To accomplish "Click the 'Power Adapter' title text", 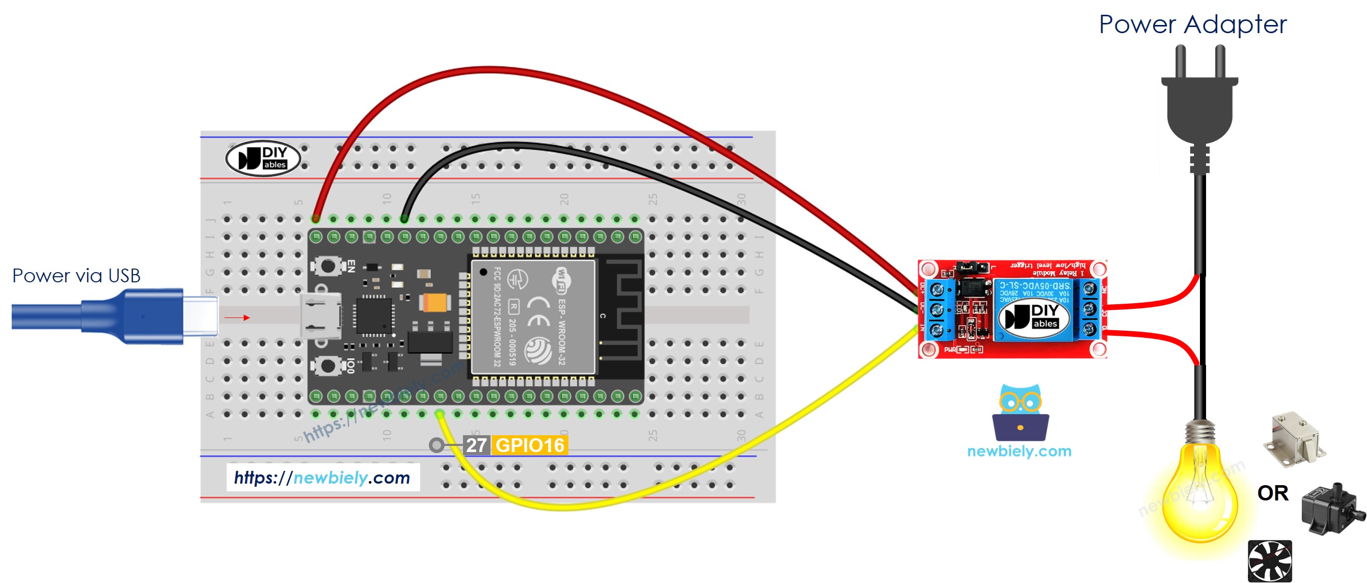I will pyautogui.click(x=1192, y=24).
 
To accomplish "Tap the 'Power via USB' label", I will pyautogui.click(x=76, y=276).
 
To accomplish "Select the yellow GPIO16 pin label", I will pyautogui.click(x=530, y=445).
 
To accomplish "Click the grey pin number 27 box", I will pyautogui.click(x=476, y=445).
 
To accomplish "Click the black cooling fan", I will pyautogui.click(x=1269, y=561).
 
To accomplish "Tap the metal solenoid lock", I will pyautogui.click(x=1295, y=439).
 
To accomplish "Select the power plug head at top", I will pyautogui.click(x=1199, y=101).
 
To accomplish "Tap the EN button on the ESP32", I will pyautogui.click(x=327, y=266).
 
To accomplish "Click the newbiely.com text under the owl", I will pyautogui.click(x=1019, y=452).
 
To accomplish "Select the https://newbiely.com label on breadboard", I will pyautogui.click(x=322, y=478).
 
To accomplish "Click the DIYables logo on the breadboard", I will pyautogui.click(x=263, y=158).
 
